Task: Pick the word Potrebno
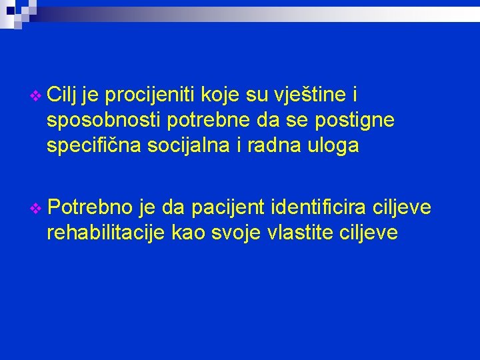point(89,207)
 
